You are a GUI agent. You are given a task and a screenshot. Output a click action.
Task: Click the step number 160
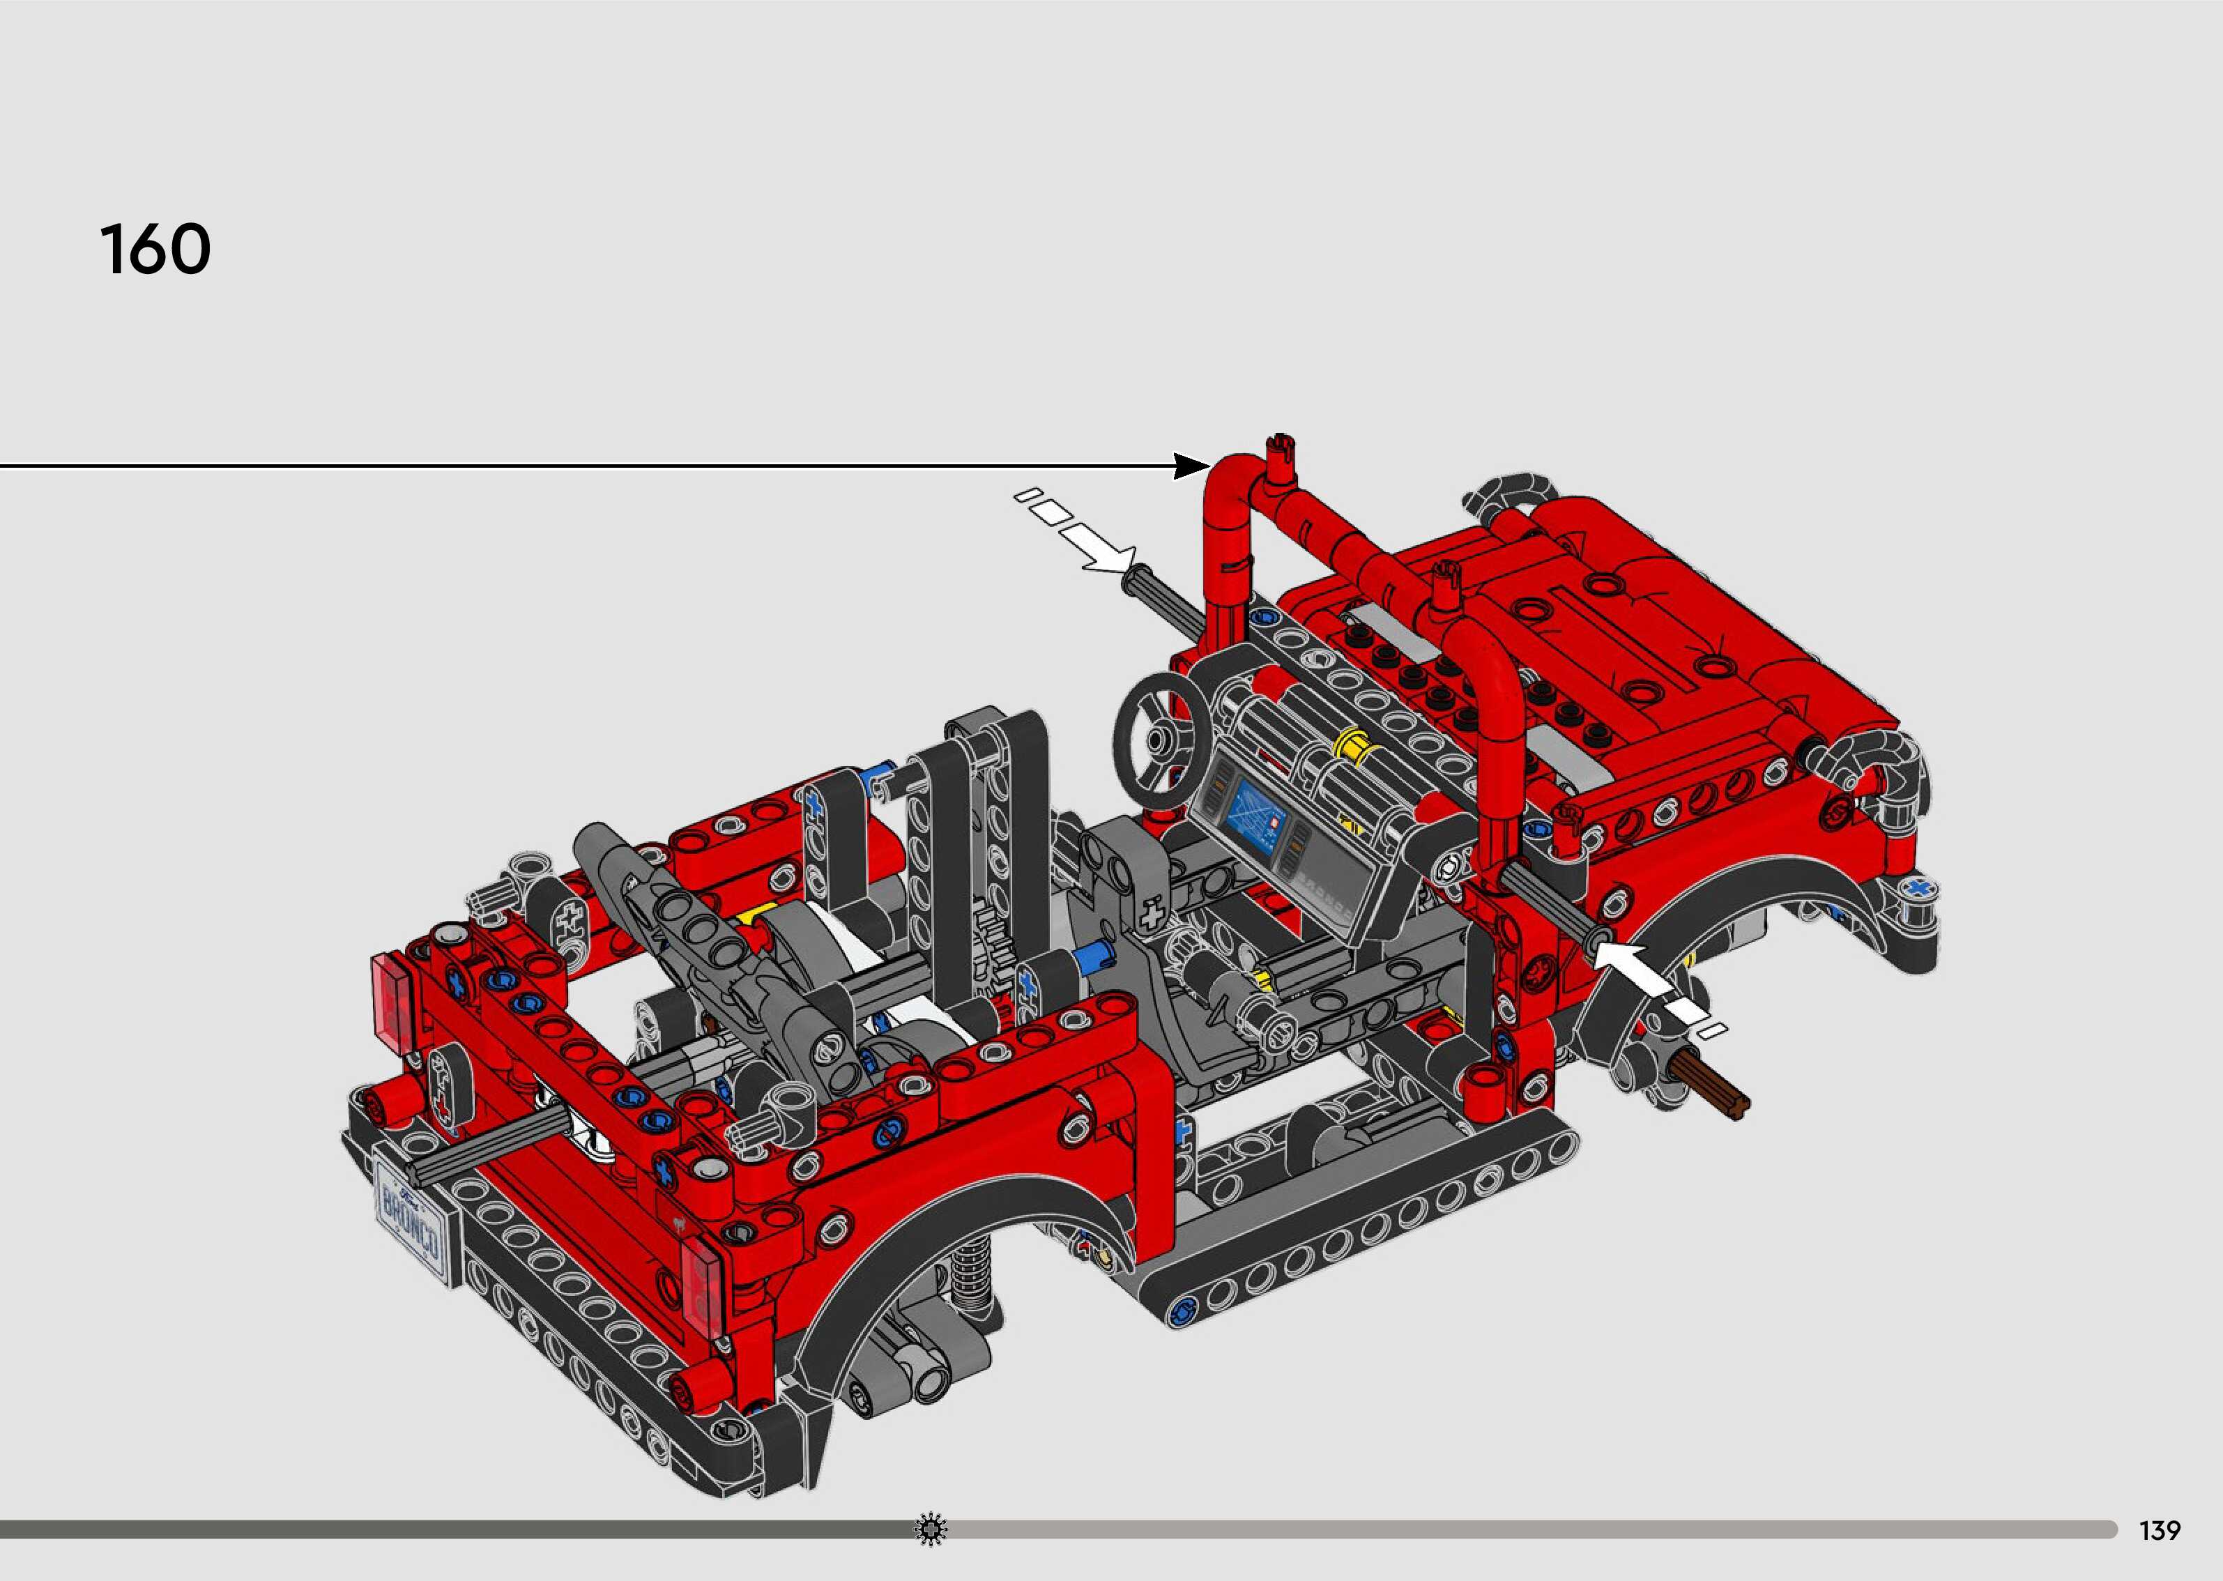pos(155,250)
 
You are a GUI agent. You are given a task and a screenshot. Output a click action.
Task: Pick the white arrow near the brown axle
pos(1655,979)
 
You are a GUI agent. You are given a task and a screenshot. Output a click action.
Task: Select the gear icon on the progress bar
pos(931,1529)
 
